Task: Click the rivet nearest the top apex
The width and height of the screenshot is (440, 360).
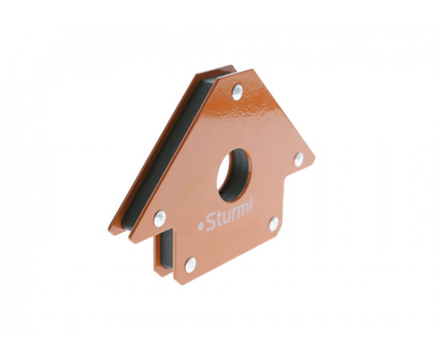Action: (238, 92)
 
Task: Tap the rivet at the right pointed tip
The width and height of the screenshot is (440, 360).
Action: (299, 159)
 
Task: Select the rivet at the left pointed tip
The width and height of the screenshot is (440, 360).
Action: (160, 218)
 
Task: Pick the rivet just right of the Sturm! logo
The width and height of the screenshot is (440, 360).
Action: (274, 224)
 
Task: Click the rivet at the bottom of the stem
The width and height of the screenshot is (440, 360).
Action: (191, 265)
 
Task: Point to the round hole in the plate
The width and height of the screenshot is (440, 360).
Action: (234, 175)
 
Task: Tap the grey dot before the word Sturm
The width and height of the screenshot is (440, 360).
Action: (201, 226)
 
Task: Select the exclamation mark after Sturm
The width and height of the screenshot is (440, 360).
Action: (250, 205)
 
